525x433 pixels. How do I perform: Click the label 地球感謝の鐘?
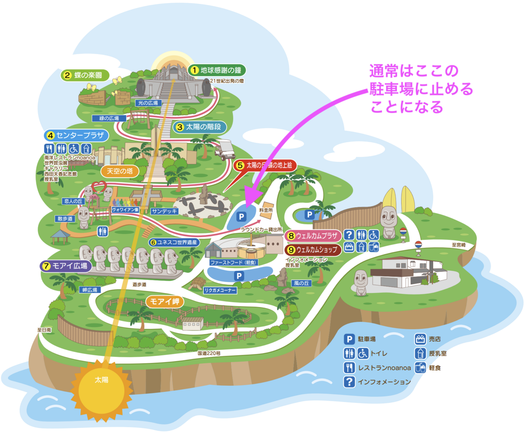[217, 70]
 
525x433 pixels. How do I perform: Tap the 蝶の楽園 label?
[84, 75]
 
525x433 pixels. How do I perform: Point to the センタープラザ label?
[75, 135]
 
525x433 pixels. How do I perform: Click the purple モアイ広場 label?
[66, 265]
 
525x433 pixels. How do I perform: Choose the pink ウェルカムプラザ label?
[312, 236]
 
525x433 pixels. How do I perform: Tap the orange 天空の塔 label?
[119, 170]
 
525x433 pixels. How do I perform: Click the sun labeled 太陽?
[101, 381]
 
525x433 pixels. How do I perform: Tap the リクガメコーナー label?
[220, 290]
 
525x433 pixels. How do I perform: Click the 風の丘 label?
[301, 283]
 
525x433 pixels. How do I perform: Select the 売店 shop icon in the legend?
[420, 339]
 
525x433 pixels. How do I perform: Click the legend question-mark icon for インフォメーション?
[349, 382]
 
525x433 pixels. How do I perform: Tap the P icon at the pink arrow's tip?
[241, 216]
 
